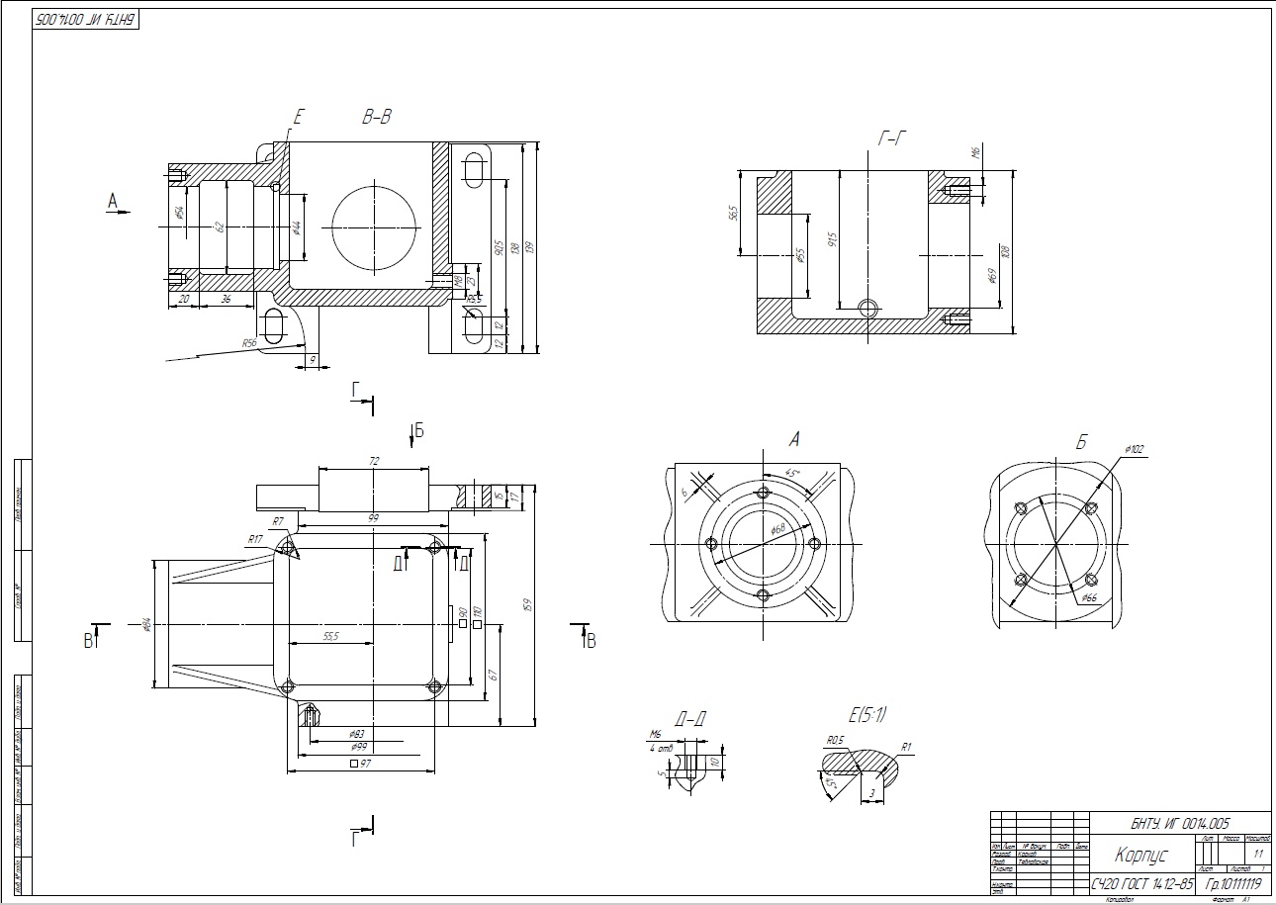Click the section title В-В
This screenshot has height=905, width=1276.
coord(376,118)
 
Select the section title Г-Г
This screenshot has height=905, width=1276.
coord(892,139)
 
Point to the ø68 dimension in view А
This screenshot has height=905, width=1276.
coord(778,530)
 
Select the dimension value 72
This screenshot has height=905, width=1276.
coord(374,462)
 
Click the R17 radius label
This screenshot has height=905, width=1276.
coord(255,539)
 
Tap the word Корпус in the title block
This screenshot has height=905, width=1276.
coord(1142,855)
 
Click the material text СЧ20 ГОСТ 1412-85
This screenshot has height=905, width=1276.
coord(1142,882)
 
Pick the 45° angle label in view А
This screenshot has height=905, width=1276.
coord(792,473)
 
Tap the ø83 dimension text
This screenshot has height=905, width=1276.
coord(359,734)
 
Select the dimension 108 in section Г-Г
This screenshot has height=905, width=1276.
coord(1006,251)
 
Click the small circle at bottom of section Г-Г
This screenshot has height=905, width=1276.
coord(868,308)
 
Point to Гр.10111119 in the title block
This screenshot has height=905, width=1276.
coord(1228,882)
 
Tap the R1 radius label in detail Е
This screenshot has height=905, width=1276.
coord(907,747)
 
